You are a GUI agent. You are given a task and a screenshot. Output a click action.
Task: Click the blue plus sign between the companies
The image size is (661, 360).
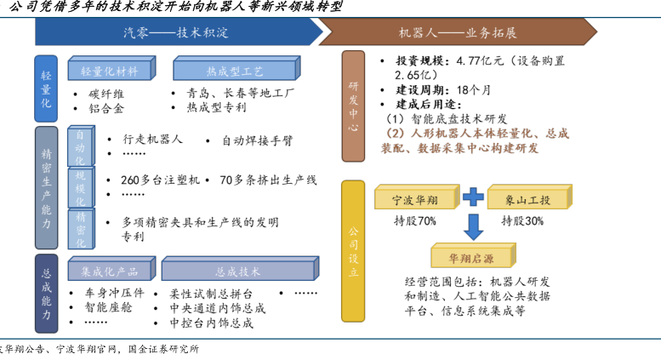(x=472, y=199)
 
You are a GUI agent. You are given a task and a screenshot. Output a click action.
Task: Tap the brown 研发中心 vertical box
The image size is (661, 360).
(x=355, y=106)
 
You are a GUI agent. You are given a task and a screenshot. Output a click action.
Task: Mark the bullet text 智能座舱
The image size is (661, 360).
(x=110, y=308)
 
